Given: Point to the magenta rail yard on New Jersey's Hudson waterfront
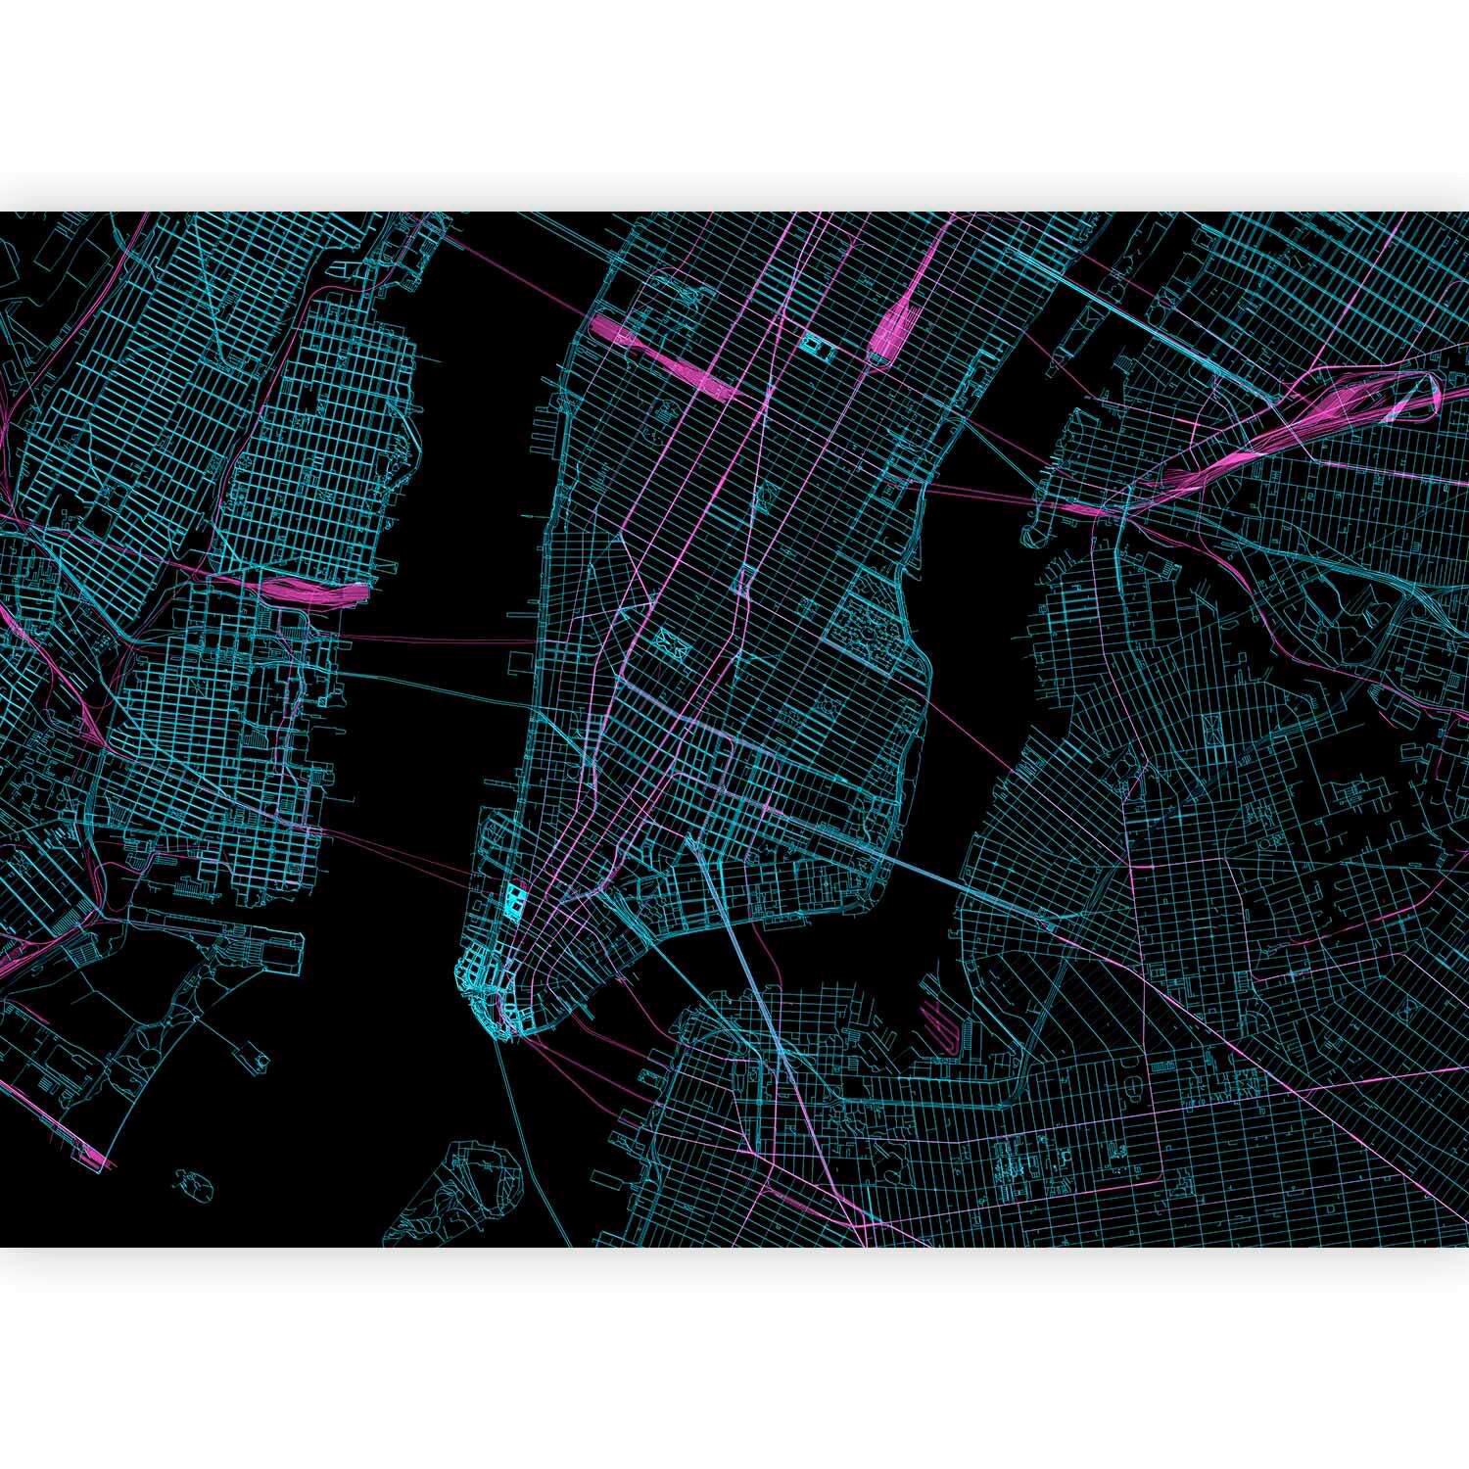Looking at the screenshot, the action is [313, 590].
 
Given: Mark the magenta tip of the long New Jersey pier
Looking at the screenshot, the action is [102, 1161].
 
